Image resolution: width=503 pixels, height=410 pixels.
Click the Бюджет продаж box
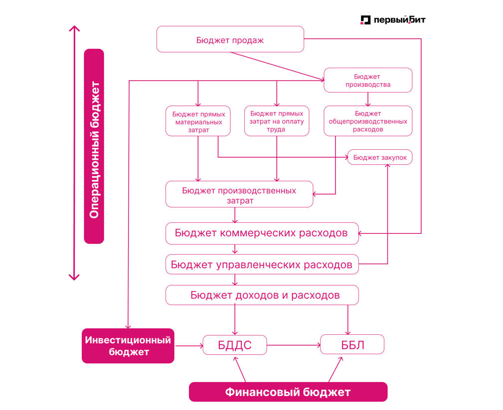coord(230,39)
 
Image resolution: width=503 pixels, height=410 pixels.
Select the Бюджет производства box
coord(367,80)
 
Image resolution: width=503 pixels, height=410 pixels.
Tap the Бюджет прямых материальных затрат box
coord(198,121)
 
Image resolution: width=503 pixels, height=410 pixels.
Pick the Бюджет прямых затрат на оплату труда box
coord(276,121)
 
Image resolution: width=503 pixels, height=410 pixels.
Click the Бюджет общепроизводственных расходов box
coord(367,121)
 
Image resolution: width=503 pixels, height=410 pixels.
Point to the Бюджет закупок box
coord(379,157)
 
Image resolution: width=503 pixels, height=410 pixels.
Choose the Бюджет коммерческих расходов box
coord(262,233)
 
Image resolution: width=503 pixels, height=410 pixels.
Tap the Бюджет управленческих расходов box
coord(262,264)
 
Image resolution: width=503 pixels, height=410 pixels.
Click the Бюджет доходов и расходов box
coord(262,295)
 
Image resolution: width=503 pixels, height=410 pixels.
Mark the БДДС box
coord(235,345)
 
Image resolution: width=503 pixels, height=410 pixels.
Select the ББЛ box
coord(352,344)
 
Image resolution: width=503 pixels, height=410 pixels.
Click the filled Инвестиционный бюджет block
coord(128,346)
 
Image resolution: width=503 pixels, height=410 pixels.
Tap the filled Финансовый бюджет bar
coord(288,392)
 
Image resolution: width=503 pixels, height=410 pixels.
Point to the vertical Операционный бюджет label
coord(94,146)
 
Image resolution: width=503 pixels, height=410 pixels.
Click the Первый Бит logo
coord(393,20)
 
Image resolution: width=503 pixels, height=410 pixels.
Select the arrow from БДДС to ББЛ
coord(293,345)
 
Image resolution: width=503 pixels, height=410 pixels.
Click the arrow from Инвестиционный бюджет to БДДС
coord(188,345)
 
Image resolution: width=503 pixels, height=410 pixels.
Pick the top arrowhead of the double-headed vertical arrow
coord(74,28)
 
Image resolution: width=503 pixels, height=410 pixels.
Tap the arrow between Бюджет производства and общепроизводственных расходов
coord(368,99)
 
